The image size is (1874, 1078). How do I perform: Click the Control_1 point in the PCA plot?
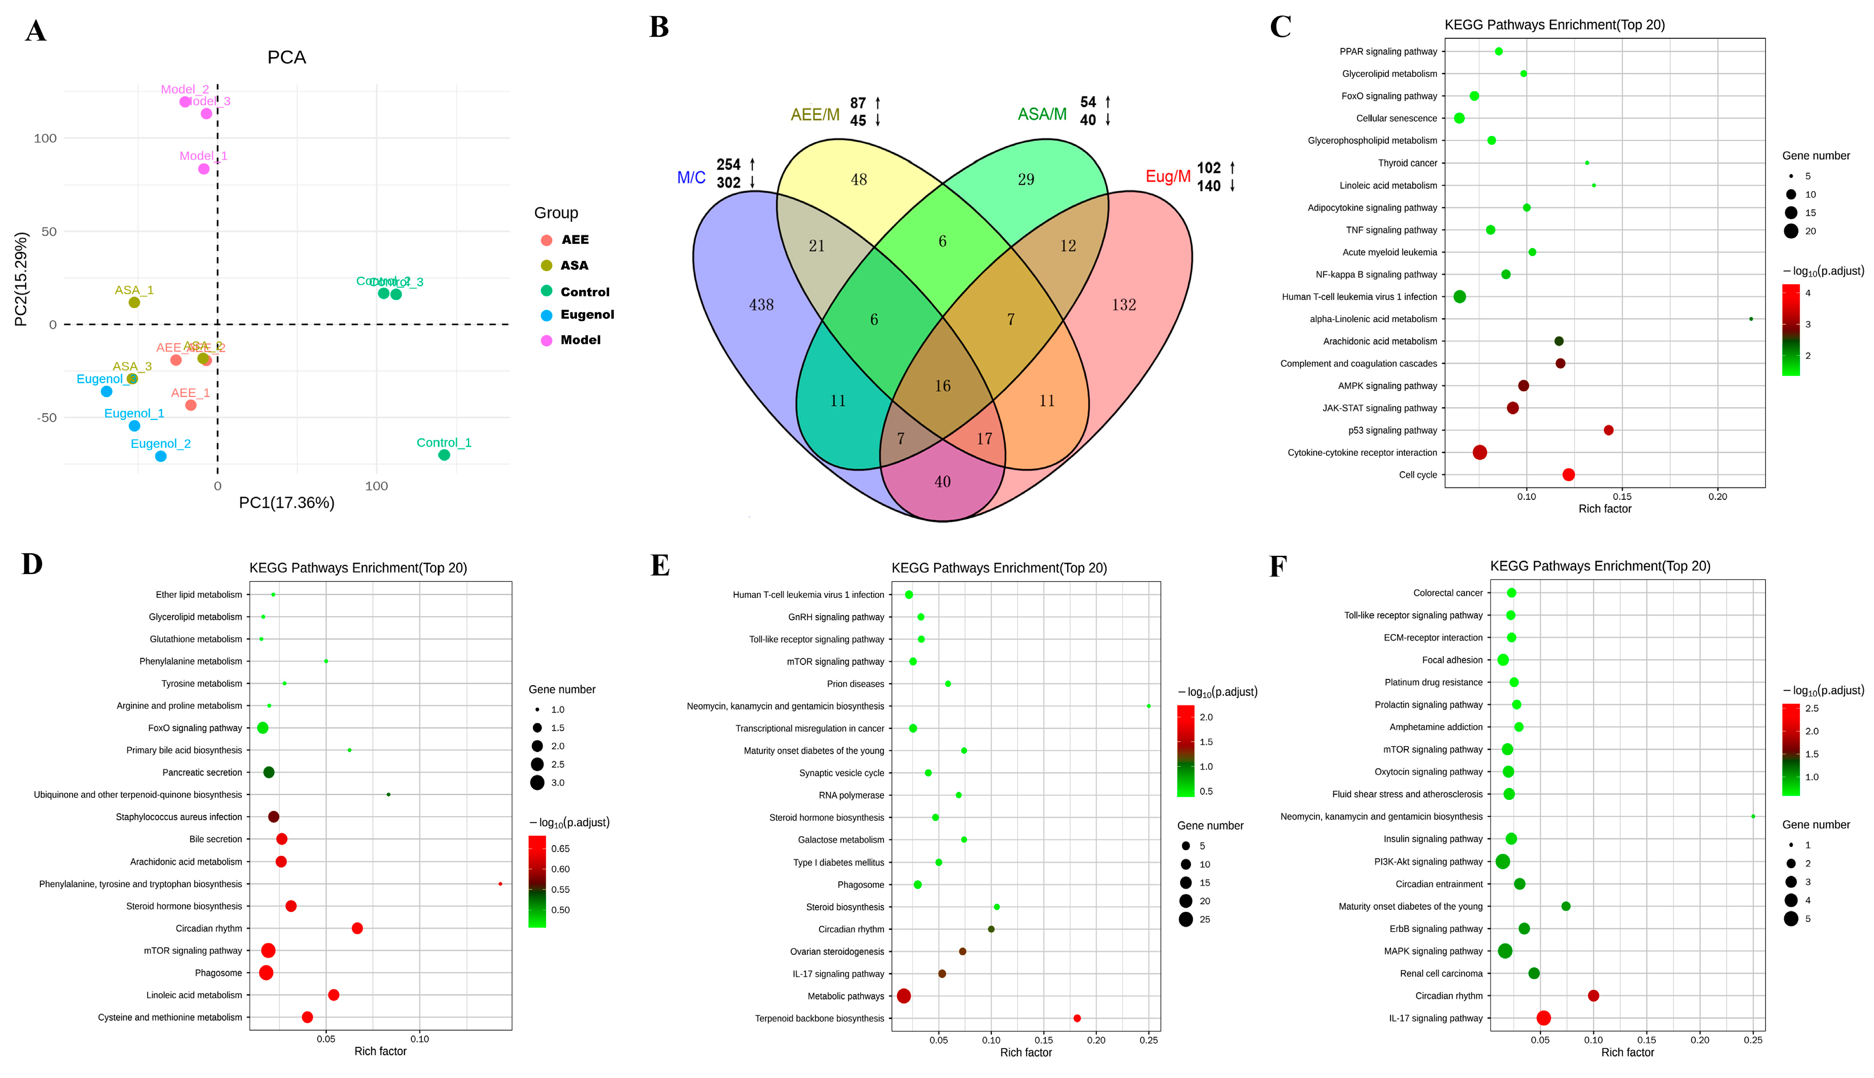tap(443, 454)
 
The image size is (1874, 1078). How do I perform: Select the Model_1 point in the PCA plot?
tap(203, 169)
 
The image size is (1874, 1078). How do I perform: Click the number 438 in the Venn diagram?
tap(761, 304)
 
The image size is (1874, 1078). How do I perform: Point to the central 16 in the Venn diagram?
tap(942, 386)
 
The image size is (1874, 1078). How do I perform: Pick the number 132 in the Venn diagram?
tap(1123, 304)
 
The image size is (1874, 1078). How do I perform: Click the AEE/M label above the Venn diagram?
tap(815, 115)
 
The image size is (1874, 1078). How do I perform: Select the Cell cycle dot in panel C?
tap(1568, 474)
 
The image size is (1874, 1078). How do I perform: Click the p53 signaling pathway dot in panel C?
tap(1608, 430)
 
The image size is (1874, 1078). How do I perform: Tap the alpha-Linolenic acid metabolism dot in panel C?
tap(1751, 319)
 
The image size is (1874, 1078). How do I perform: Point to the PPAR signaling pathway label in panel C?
tap(1387, 52)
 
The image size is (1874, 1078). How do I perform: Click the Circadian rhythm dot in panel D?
tap(357, 929)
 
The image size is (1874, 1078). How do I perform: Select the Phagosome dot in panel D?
tap(266, 973)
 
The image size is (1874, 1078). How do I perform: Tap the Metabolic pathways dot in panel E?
tap(903, 996)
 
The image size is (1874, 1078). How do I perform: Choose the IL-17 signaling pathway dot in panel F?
tap(1543, 1018)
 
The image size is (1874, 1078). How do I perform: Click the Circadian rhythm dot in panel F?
tap(1593, 996)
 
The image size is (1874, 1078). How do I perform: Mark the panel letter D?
tap(32, 564)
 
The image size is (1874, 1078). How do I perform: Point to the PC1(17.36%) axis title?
tap(287, 503)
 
